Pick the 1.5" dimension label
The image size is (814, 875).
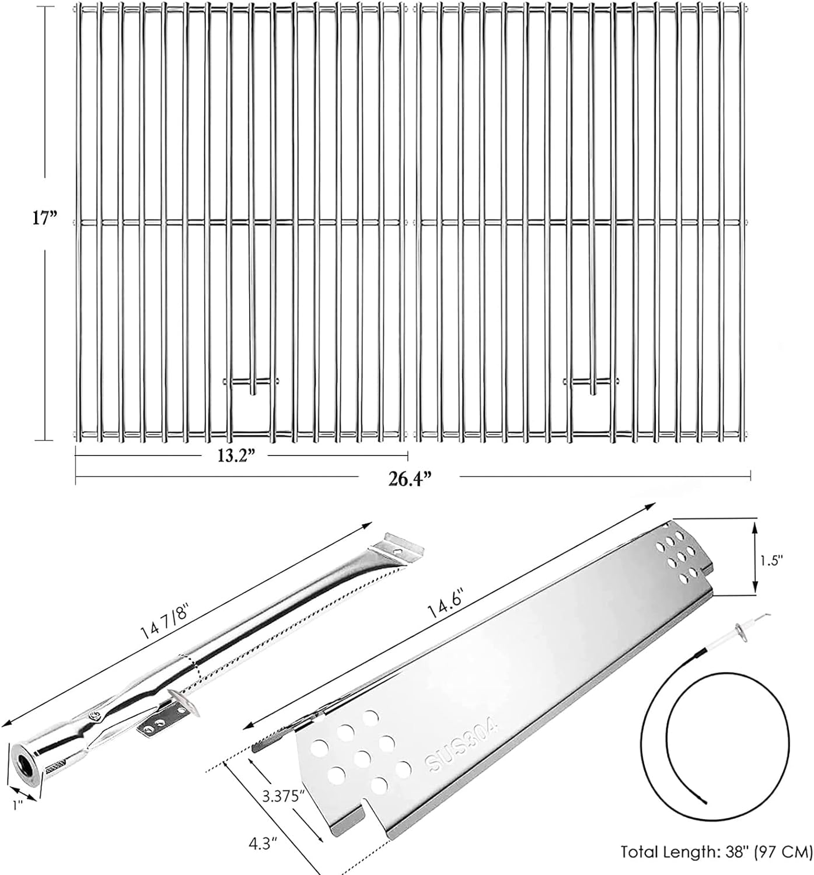tap(771, 560)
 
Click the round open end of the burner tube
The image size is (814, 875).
tap(25, 763)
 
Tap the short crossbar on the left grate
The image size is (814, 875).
tap(251, 381)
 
